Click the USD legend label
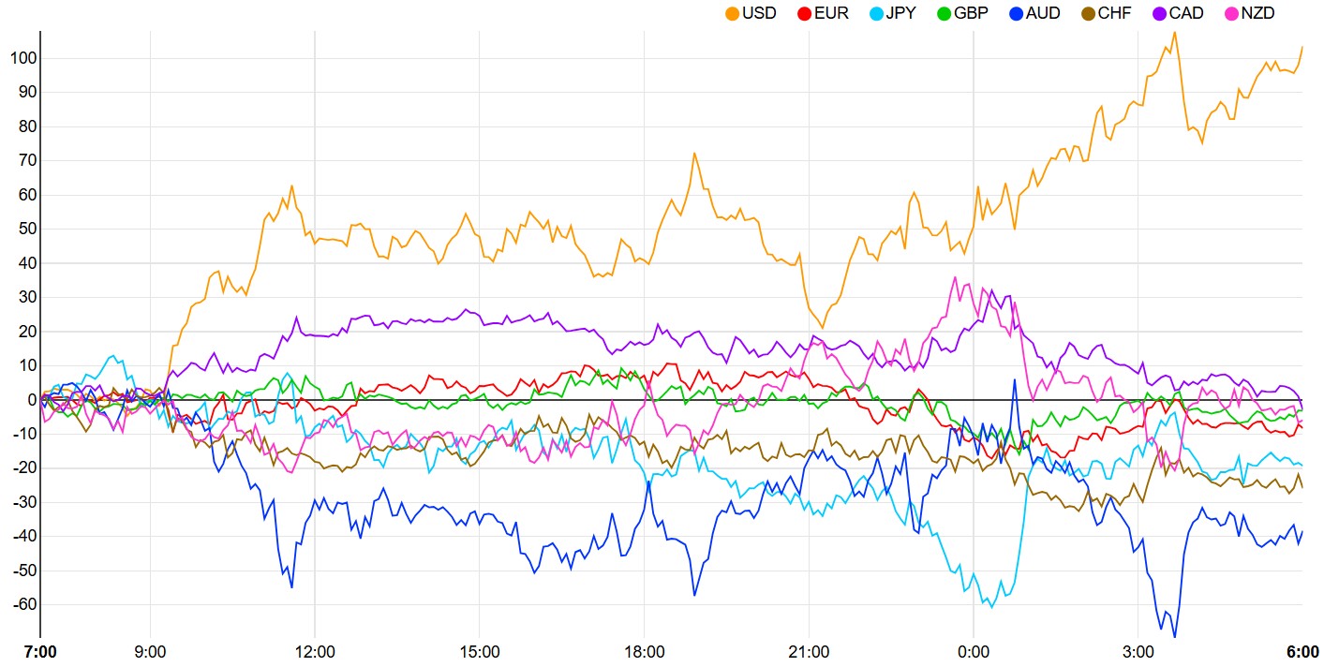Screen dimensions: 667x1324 (x=759, y=14)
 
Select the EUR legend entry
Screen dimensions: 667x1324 (x=831, y=14)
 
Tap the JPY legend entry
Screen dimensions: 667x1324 (x=900, y=14)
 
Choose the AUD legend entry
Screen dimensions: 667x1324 (x=1043, y=14)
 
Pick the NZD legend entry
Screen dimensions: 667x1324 (x=1257, y=14)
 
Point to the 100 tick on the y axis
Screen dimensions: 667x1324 (x=22, y=58)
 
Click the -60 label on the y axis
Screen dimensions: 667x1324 (x=22, y=604)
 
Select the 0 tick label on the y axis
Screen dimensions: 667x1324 (x=31, y=400)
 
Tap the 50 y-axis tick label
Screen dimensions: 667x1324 (x=26, y=229)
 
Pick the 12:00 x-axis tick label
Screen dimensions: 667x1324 (x=315, y=651)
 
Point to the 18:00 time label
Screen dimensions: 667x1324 (x=644, y=651)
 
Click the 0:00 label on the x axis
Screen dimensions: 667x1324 (x=974, y=651)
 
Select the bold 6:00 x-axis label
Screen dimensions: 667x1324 (x=1302, y=651)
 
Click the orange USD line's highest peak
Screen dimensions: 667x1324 (x=1174, y=32)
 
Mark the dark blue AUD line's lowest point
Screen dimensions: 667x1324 (x=1175, y=637)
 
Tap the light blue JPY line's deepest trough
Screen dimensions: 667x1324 (x=991, y=607)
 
